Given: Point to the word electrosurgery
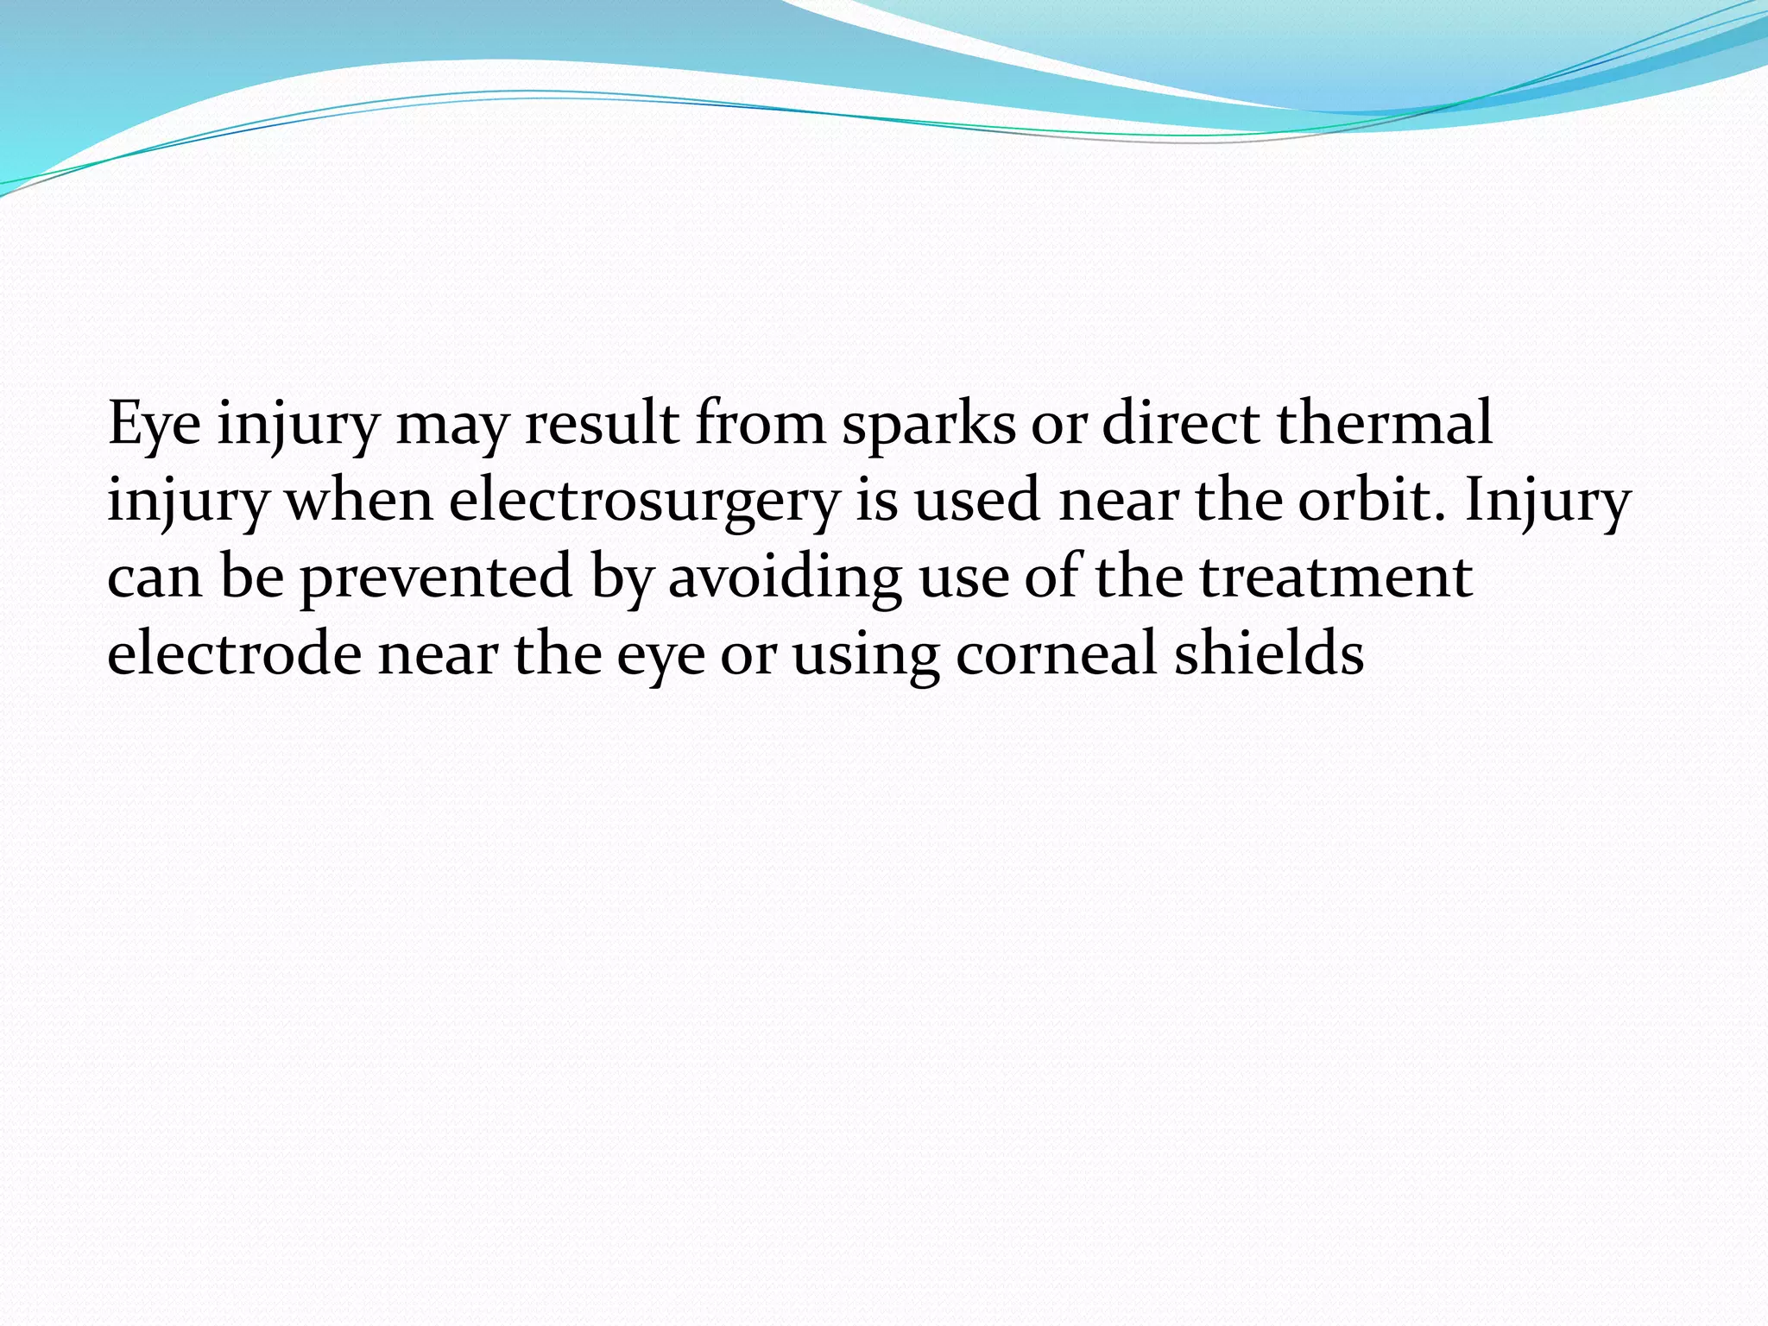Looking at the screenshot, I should click(x=643, y=502).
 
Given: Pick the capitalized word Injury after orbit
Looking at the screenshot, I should click(x=1547, y=502).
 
